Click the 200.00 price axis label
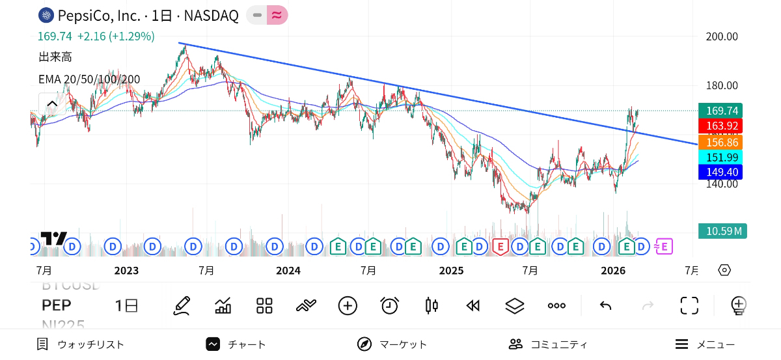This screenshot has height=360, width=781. click(x=722, y=36)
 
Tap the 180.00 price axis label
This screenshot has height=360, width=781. click(x=722, y=85)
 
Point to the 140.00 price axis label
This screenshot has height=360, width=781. click(x=722, y=184)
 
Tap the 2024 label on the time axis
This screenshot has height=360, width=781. click(x=288, y=270)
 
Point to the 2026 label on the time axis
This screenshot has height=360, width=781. click(x=612, y=270)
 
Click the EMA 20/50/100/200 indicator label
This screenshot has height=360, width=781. click(x=89, y=79)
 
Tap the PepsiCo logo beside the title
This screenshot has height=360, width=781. click(x=46, y=16)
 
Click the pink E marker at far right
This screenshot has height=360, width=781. click(x=663, y=247)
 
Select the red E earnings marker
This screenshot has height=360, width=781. click(x=500, y=247)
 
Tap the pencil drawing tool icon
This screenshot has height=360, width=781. click(x=182, y=305)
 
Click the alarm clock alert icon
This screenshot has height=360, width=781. click(x=389, y=305)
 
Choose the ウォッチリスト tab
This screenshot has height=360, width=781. click(x=81, y=344)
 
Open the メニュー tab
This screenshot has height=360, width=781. click(x=706, y=344)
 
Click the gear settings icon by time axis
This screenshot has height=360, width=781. click(x=724, y=270)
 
